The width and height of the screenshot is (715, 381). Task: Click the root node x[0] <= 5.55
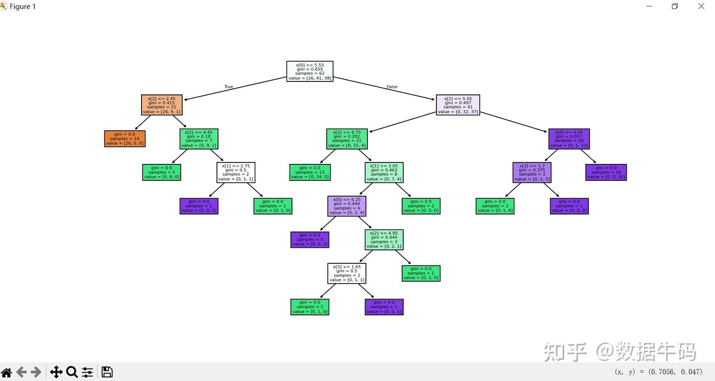coord(310,72)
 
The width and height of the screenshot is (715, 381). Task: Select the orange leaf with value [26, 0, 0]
coord(125,139)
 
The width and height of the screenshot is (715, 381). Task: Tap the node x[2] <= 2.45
coord(162,105)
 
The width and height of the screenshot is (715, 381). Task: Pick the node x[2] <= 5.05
coord(458,105)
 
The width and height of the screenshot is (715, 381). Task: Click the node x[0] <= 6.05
coord(569,139)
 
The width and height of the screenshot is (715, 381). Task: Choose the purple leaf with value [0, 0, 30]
coord(606,172)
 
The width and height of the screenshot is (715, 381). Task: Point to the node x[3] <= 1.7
coord(532,172)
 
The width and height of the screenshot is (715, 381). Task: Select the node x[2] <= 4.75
coord(347,139)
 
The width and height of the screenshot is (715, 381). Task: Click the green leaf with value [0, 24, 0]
coord(310,172)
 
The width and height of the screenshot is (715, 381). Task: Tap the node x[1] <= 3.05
coord(384,172)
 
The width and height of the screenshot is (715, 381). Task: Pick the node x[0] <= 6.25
coord(347,206)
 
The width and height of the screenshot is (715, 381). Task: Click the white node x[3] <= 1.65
coord(347,273)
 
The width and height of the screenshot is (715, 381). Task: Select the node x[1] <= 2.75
coord(236,172)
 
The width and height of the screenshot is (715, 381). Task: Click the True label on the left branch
coord(228,87)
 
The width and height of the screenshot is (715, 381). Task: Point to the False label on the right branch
coord(392,87)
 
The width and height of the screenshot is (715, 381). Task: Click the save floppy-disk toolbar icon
coord(107,372)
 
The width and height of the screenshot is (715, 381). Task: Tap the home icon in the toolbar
coord(6,372)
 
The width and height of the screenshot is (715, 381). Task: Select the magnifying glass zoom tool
coord(71,372)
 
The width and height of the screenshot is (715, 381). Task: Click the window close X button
coord(701,6)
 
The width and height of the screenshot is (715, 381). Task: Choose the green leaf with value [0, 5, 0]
coord(421,206)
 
